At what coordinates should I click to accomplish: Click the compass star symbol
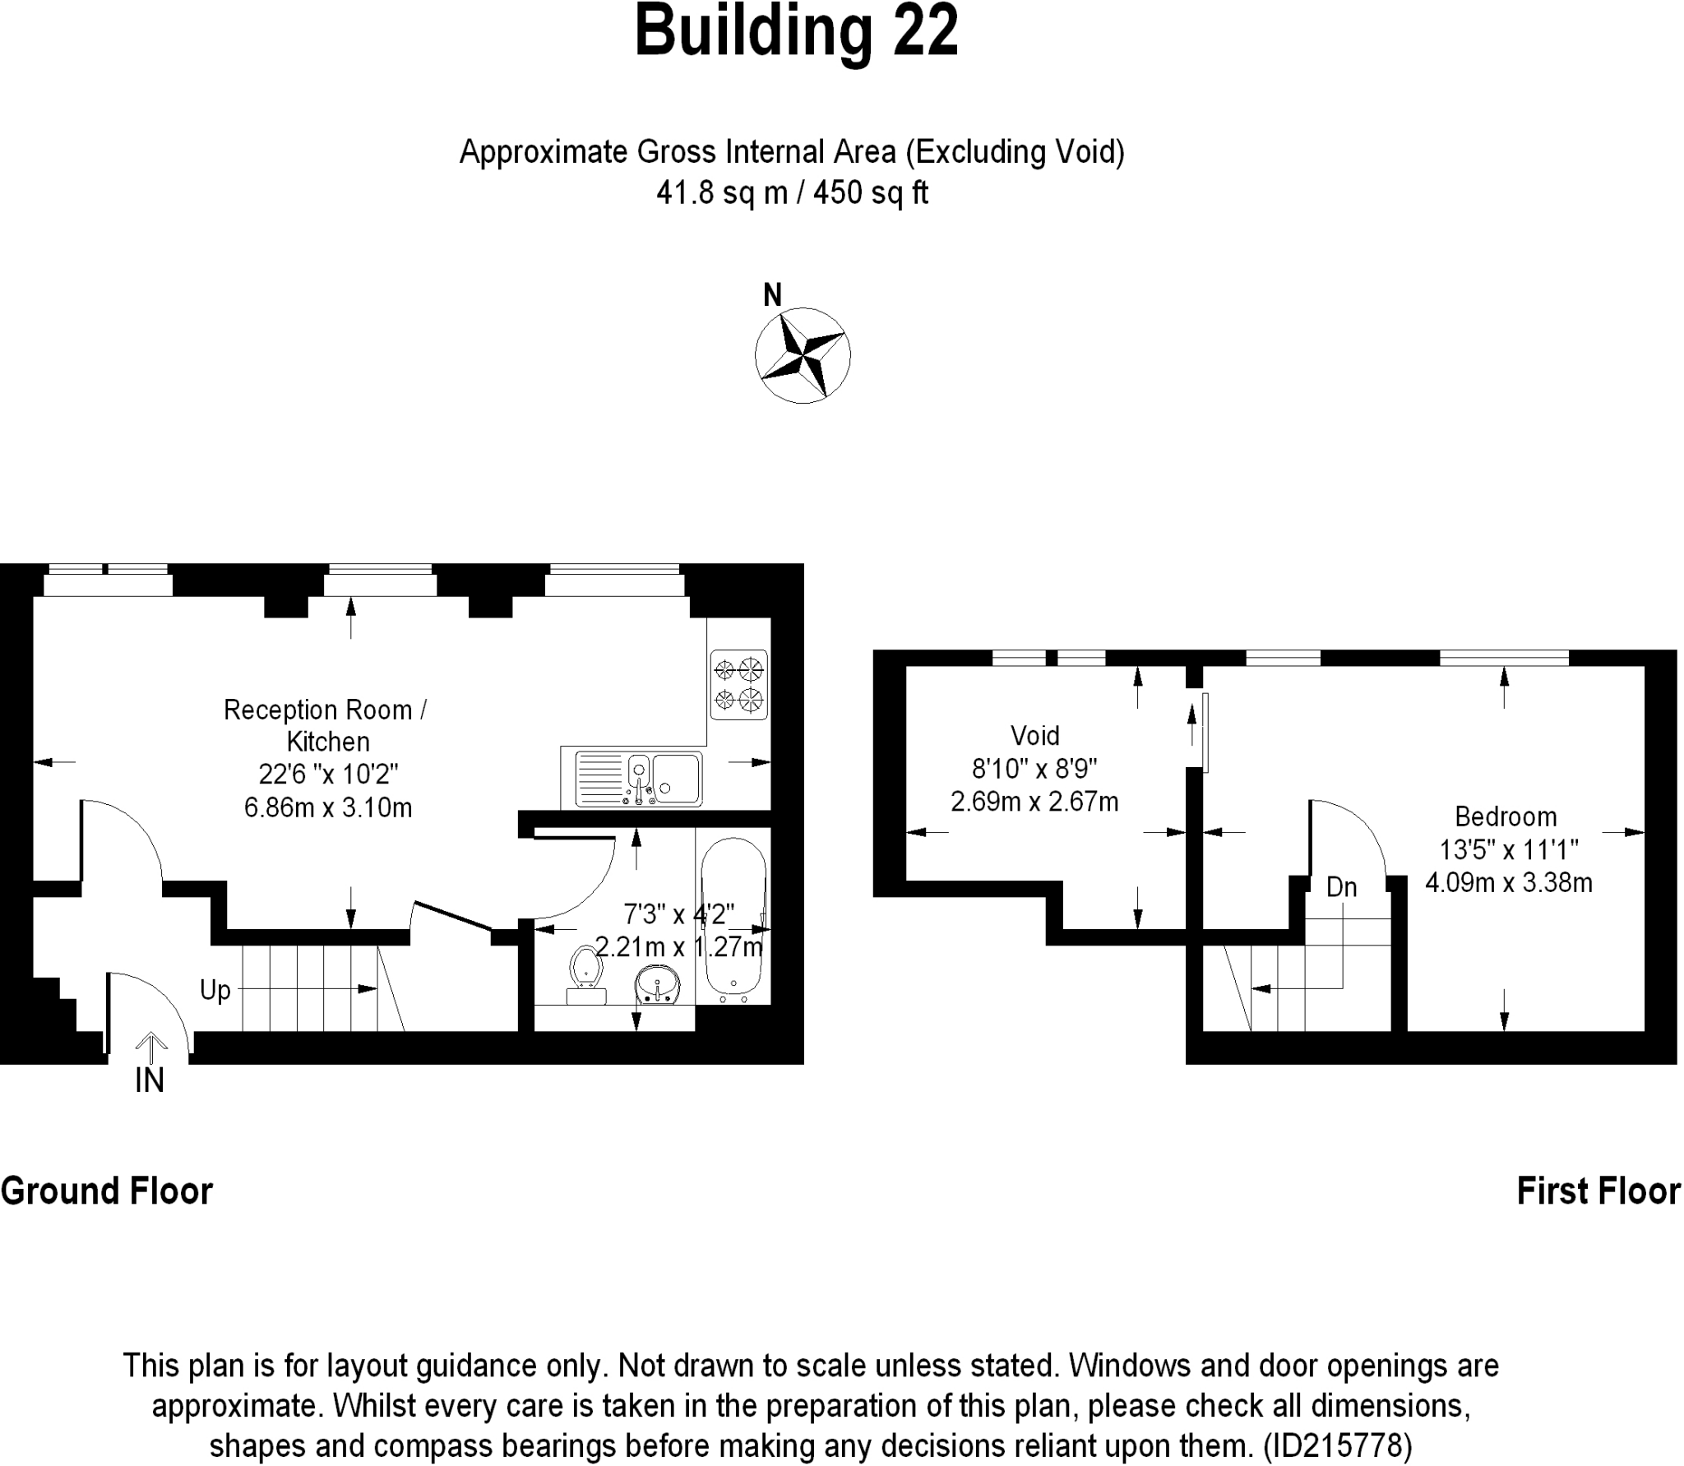(803, 355)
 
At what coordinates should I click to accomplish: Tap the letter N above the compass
(772, 295)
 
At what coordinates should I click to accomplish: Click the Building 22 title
(796, 31)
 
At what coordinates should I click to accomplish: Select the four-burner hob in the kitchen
(738, 685)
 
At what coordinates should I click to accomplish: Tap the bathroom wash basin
(657, 984)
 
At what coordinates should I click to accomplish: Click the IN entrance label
(150, 1080)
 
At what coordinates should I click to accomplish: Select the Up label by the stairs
(215, 990)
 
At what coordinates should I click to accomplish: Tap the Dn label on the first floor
(1341, 887)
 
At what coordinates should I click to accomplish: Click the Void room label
(1034, 735)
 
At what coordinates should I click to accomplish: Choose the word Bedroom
(1506, 816)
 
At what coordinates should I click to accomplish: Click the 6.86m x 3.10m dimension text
(328, 807)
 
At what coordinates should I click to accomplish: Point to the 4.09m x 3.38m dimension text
(1508, 883)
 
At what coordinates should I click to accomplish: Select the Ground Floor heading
(107, 1191)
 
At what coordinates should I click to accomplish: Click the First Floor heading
(1598, 1191)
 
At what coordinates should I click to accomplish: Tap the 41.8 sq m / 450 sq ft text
(792, 193)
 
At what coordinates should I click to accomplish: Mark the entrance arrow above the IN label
(150, 1047)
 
